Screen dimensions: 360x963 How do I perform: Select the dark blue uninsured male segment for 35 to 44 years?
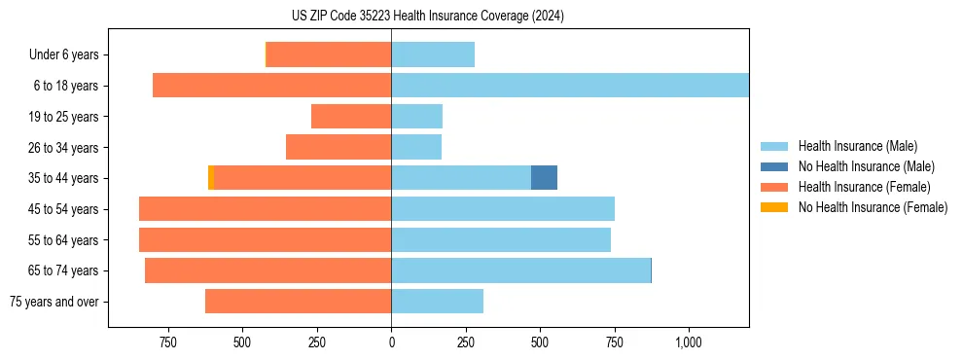tap(544, 178)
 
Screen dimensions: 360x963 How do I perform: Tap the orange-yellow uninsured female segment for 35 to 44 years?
tap(211, 178)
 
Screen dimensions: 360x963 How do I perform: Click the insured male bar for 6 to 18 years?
tap(570, 86)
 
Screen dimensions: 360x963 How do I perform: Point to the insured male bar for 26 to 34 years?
tap(416, 147)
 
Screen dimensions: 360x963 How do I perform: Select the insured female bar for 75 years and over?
tap(299, 302)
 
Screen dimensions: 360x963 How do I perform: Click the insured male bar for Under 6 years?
tap(433, 54)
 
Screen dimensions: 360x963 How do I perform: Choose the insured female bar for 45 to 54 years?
tap(266, 209)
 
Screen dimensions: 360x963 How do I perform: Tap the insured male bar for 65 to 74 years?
tap(520, 270)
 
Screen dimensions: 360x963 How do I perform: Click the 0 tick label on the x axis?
tap(391, 342)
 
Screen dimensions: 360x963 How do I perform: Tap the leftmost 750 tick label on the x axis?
tap(167, 342)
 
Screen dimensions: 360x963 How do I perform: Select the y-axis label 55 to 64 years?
tap(57, 240)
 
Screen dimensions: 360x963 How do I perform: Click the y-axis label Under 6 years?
tap(63, 54)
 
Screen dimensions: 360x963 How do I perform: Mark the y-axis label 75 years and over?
tap(53, 302)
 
